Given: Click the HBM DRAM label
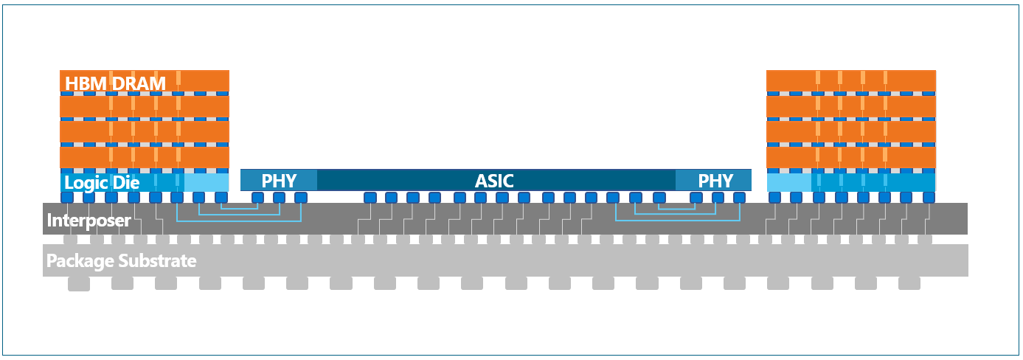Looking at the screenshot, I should click(115, 83).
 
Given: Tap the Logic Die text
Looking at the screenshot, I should click(102, 183).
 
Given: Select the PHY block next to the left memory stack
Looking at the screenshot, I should click(279, 181).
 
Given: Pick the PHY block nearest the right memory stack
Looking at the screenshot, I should click(715, 181).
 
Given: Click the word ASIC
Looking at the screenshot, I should click(494, 181).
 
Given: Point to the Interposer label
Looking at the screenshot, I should click(89, 220).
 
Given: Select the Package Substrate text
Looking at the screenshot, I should click(121, 260).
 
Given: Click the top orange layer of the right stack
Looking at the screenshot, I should click(851, 80).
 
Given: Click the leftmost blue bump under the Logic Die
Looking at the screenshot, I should click(67, 198).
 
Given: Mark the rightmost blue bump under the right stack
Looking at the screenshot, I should click(929, 198).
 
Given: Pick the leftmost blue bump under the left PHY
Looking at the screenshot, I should click(257, 198).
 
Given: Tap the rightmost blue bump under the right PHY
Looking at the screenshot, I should click(740, 198).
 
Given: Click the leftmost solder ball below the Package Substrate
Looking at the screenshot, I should click(79, 283).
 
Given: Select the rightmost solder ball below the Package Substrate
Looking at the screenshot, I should click(909, 283).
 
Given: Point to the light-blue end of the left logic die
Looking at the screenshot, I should click(207, 181).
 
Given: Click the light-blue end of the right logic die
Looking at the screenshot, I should click(788, 181).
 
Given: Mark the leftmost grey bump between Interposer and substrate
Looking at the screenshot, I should click(70, 240).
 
